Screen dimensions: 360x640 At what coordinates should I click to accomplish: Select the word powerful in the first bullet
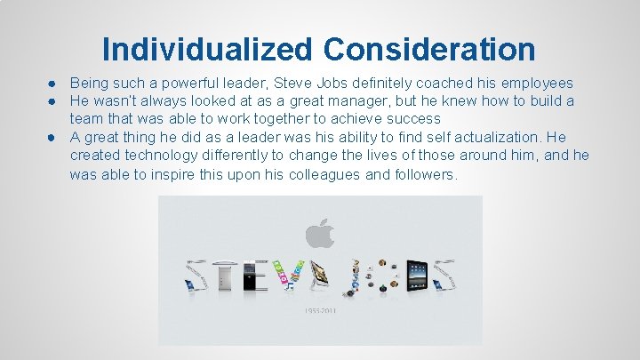(x=184, y=83)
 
